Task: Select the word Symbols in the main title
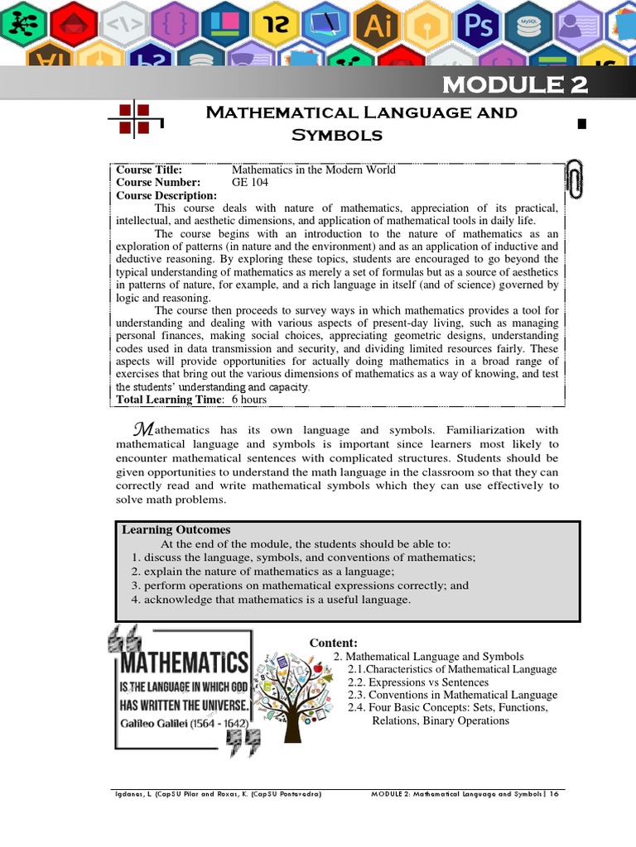click(336, 134)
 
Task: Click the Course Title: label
click(148, 170)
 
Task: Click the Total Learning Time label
click(169, 400)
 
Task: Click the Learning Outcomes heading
click(176, 529)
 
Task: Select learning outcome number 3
click(300, 585)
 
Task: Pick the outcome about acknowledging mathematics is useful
click(271, 599)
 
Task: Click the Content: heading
click(333, 643)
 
